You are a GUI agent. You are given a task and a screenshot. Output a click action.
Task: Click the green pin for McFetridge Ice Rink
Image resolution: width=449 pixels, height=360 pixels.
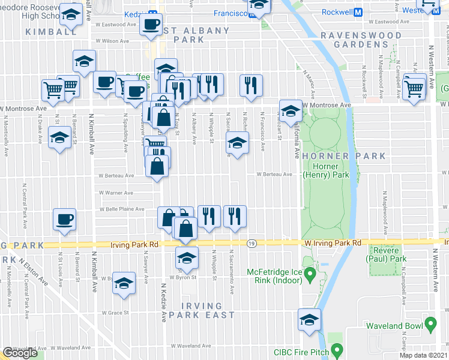coord(310,276)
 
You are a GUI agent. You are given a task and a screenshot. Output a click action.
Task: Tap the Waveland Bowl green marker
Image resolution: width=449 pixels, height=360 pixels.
coord(430,325)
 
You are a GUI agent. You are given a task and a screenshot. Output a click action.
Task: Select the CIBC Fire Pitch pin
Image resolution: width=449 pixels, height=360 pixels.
coord(337,349)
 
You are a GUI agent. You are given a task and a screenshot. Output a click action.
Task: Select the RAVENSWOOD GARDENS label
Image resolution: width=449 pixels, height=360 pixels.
coord(360,40)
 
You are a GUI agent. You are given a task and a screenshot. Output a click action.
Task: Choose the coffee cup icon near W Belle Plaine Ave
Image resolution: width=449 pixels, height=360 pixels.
coord(65,219)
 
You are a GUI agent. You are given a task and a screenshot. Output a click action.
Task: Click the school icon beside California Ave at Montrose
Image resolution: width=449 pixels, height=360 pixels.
coord(291,111)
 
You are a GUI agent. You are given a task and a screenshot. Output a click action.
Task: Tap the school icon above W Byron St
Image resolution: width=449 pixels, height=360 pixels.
coord(187,259)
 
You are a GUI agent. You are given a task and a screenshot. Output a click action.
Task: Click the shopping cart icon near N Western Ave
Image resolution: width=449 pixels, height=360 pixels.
coord(414,88)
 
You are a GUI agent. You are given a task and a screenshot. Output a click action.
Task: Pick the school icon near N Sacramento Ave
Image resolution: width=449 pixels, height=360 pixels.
coord(237,144)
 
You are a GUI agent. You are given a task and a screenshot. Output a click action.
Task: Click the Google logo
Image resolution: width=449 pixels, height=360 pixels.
coord(20,353)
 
